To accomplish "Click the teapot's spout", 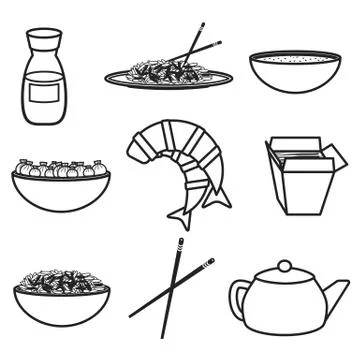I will tap(336, 295).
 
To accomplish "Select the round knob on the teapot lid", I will tap(284, 266).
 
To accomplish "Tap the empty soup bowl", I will tap(291, 72).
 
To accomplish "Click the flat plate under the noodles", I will tap(168, 80).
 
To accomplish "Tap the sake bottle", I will tap(46, 85).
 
